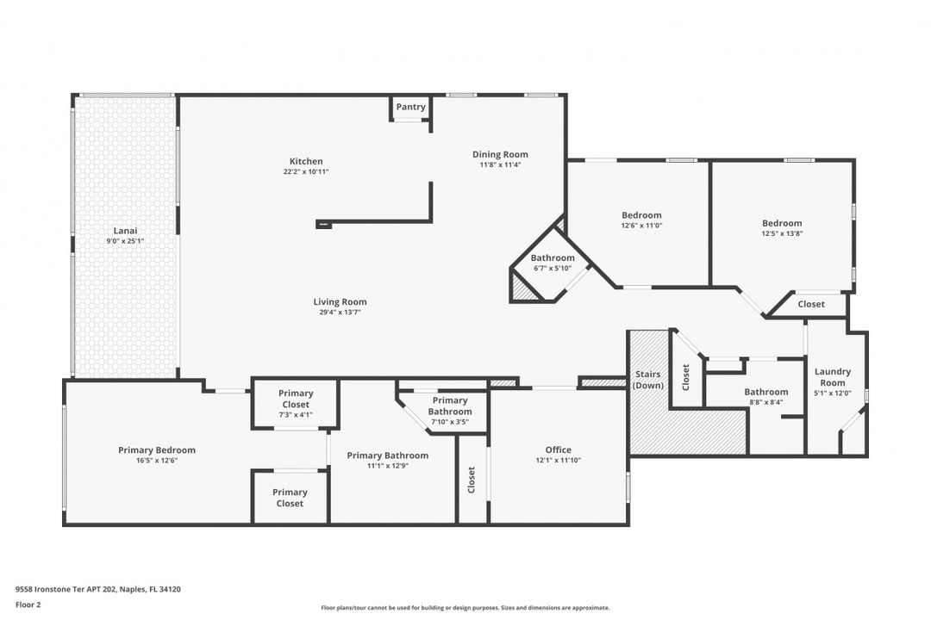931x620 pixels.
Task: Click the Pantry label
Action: tap(411, 107)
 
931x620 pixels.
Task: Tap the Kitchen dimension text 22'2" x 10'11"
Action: tap(306, 172)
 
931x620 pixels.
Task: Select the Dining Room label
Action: tap(500, 154)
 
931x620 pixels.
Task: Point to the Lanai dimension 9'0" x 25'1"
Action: tap(125, 241)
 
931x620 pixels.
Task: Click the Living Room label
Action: tap(341, 301)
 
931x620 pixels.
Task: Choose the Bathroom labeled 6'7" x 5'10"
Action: tap(553, 257)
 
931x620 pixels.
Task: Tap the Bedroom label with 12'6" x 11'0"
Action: tap(641, 214)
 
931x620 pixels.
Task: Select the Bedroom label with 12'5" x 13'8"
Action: tap(782, 223)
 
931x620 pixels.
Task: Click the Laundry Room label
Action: tap(833, 377)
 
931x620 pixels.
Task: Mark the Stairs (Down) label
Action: tap(647, 380)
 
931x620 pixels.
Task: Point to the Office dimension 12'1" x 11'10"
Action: tap(558, 460)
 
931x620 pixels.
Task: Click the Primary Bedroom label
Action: tap(157, 449)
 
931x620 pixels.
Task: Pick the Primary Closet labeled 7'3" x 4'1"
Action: tap(296, 398)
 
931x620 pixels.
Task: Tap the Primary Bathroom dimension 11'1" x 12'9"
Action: tap(388, 466)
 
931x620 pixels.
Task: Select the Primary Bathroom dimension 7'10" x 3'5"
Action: tap(450, 422)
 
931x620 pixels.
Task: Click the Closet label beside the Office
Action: tap(472, 480)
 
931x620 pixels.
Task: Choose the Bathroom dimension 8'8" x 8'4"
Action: tap(766, 401)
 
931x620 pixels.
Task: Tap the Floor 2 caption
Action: tap(28, 604)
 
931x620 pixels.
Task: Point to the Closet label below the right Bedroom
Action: tap(811, 304)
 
